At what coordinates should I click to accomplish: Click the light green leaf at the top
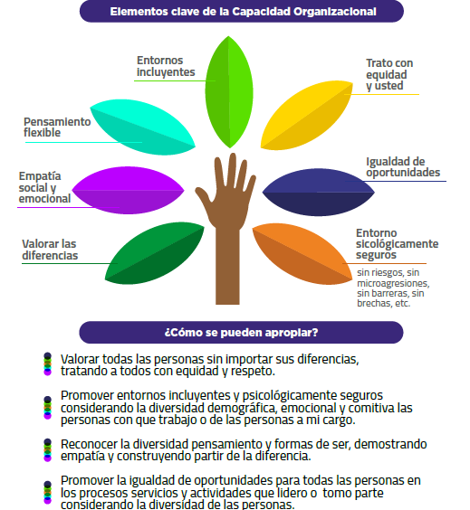(229, 92)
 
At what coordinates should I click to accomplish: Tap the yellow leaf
(306, 115)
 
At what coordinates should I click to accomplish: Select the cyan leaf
(143, 127)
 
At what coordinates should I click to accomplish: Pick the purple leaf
(128, 190)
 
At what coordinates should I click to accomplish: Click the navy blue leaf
(319, 193)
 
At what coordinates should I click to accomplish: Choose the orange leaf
(302, 254)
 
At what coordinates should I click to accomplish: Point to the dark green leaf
(154, 253)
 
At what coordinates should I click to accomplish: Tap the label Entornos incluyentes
(166, 66)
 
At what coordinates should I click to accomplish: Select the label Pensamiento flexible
(57, 127)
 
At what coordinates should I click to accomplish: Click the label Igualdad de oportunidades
(403, 167)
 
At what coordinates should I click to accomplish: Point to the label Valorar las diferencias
(50, 250)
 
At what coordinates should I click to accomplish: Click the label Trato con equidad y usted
(389, 74)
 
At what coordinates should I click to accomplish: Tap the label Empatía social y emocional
(44, 187)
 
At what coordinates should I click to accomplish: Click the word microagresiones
(393, 283)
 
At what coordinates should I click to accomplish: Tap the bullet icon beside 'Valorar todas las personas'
(48, 364)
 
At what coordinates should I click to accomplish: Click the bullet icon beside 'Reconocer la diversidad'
(48, 449)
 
